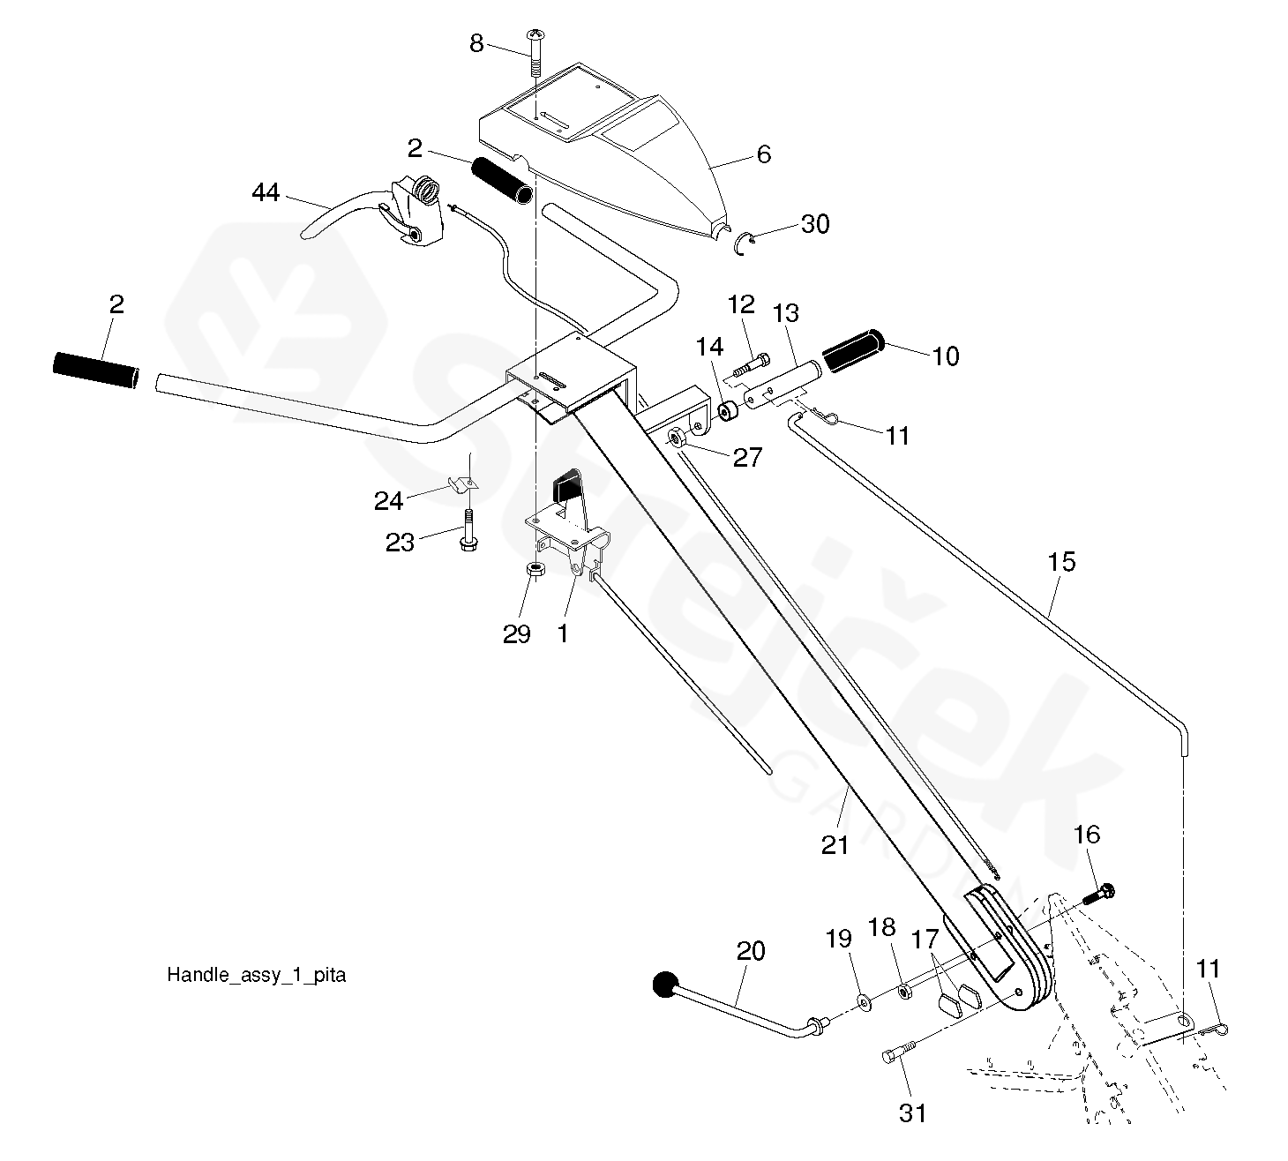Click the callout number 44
click(266, 192)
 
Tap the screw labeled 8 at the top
click(535, 53)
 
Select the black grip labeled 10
click(853, 350)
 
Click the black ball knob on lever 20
click(666, 985)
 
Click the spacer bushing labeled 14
click(728, 412)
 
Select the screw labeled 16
click(1099, 895)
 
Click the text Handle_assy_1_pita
click(256, 976)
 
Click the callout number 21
click(835, 845)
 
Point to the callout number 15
click(1061, 562)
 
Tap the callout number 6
click(763, 154)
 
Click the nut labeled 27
click(676, 438)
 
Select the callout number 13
click(785, 313)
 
